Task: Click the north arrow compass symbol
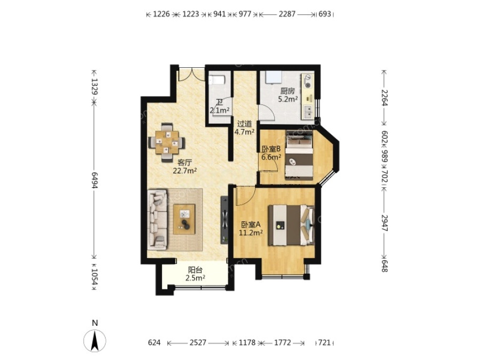coord(95,340)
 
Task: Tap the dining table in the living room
coord(167,142)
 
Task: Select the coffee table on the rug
coord(184,219)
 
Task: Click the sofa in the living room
coord(157,219)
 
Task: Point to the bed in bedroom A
coord(291,225)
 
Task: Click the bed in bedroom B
coord(299,154)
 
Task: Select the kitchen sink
coord(307,112)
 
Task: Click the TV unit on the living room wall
coord(225,220)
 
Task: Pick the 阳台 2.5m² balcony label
coord(195,274)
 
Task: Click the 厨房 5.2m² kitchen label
coord(288,95)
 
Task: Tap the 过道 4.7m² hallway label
coord(245,128)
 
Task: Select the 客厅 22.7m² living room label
coord(185,167)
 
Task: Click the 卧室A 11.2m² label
coord(251,229)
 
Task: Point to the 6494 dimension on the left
coord(94,180)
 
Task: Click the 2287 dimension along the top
coord(287,14)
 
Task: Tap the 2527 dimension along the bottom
coord(198,342)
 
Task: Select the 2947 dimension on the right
coord(384,223)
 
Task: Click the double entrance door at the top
coord(191,74)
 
